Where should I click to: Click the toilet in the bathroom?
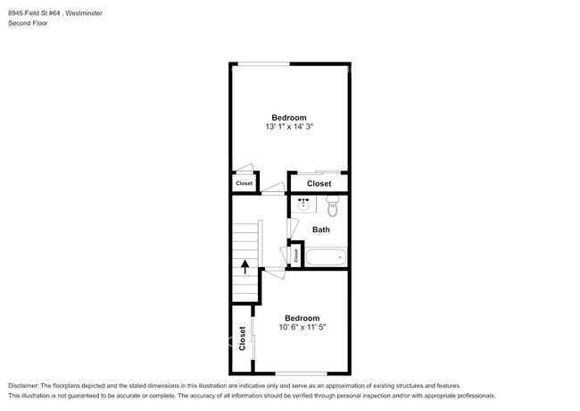[333, 208]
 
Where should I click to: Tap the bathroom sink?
[303, 204]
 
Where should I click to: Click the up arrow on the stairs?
[244, 266]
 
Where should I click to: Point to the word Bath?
[320, 230]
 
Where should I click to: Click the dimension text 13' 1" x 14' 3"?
[289, 128]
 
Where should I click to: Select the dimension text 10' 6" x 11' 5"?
[302, 328]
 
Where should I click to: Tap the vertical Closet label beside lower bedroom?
[242, 339]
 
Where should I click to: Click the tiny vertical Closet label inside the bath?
[296, 255]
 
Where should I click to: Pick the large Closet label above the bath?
[319, 183]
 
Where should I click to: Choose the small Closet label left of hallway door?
[244, 184]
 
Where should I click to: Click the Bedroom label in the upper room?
[289, 118]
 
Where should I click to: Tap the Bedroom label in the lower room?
[302, 318]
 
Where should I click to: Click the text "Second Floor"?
[29, 23]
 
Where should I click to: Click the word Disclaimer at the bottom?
[24, 384]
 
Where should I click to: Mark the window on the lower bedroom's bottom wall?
[302, 373]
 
